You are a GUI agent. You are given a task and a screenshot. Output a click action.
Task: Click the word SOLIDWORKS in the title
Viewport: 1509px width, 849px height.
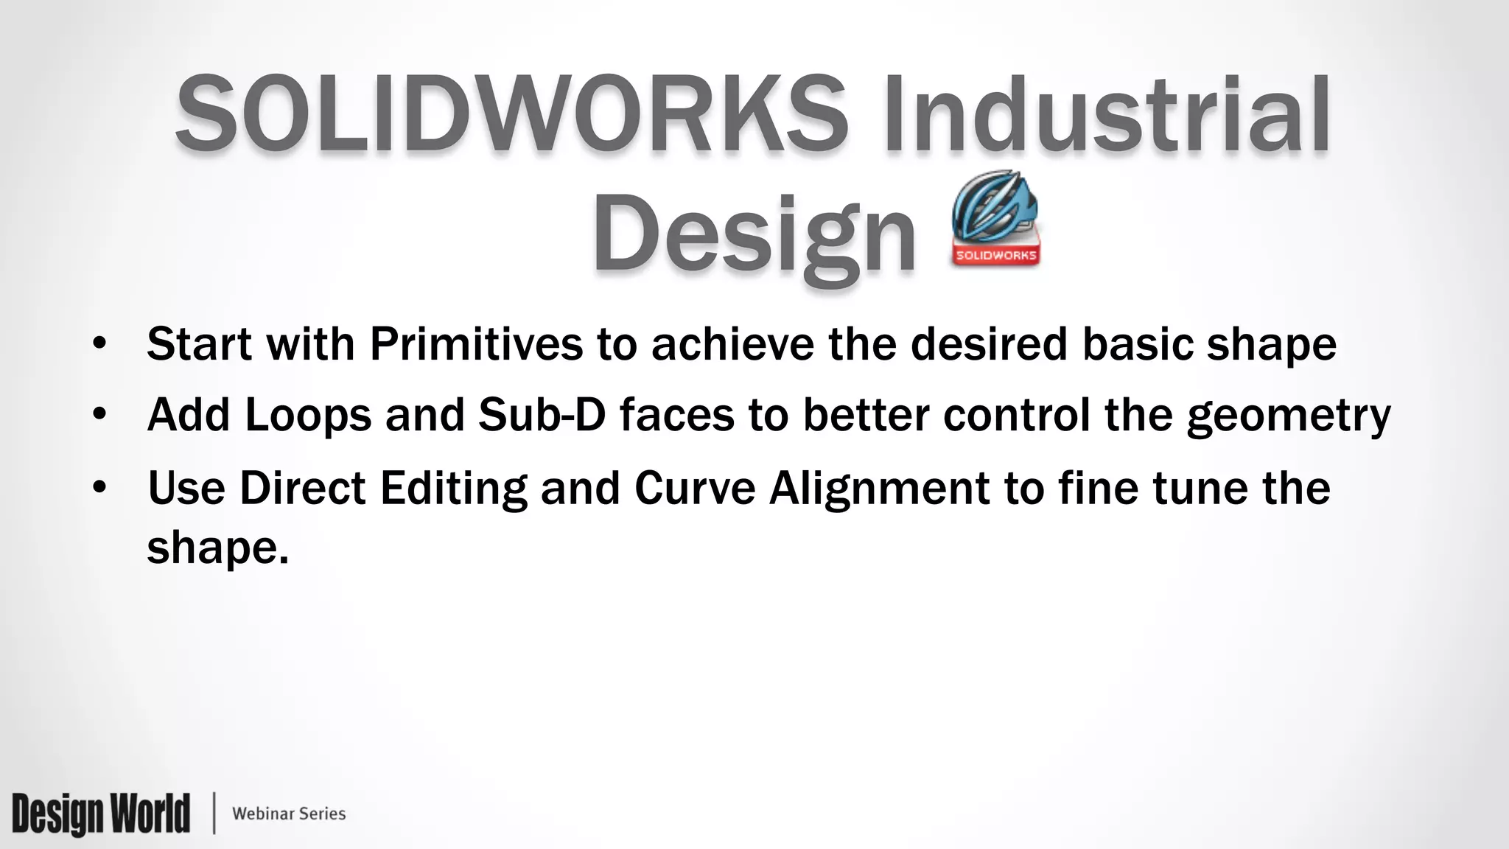[x=511, y=114]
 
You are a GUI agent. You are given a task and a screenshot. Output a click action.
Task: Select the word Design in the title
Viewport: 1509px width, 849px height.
[x=754, y=232]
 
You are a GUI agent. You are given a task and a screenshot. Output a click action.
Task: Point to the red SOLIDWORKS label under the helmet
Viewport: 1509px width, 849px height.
[x=996, y=256]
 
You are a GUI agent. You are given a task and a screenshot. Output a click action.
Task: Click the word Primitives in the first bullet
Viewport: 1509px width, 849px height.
[x=476, y=343]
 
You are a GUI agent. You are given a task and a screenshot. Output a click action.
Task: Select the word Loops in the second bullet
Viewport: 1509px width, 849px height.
[x=308, y=414]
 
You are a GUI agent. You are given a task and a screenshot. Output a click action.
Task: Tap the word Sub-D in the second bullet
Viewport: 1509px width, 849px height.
[x=542, y=414]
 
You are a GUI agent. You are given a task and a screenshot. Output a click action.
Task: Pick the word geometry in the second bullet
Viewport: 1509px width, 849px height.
[x=1288, y=416]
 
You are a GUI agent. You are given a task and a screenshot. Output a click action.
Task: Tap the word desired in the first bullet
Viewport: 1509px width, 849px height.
[x=989, y=343]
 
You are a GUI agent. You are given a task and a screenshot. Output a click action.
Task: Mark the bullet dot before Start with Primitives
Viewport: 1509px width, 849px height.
[x=100, y=345]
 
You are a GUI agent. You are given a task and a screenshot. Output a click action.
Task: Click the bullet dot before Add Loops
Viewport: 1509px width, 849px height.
[x=100, y=416]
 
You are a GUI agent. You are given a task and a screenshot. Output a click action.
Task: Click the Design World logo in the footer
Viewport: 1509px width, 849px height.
[x=101, y=814]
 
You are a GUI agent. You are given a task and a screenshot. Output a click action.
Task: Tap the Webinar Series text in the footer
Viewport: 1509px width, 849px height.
[x=289, y=814]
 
